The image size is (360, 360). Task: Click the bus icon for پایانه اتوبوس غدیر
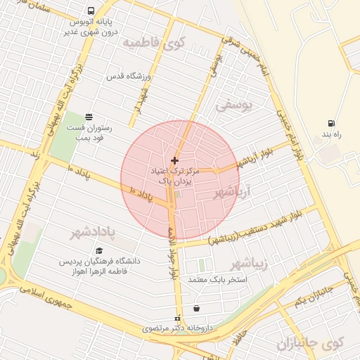(91, 11)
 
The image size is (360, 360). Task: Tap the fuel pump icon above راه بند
(331, 123)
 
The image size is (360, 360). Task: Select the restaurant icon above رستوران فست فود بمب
(89, 117)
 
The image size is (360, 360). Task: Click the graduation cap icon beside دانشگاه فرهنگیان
(99, 250)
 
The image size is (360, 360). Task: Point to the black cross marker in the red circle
(174, 161)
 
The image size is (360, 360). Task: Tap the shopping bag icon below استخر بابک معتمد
(195, 308)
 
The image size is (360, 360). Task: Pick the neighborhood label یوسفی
(233, 106)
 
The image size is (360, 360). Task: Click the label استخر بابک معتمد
(215, 280)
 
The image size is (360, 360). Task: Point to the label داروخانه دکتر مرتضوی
(176, 328)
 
